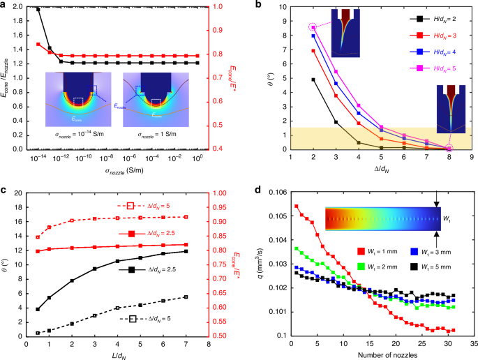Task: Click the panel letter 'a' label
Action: tap(4, 5)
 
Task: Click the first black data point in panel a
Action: tap(38, 10)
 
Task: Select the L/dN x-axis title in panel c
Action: tap(117, 354)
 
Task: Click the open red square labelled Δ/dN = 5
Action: tap(130, 206)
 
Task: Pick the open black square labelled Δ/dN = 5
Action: tap(132, 319)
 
